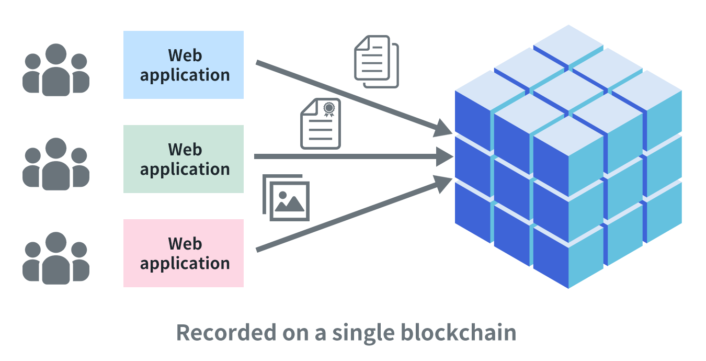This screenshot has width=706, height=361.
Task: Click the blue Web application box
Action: pyautogui.click(x=184, y=65)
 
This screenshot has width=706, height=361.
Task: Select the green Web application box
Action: pyautogui.click(x=184, y=159)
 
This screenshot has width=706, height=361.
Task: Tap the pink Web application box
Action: pyautogui.click(x=184, y=253)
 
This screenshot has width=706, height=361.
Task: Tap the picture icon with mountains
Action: pyautogui.click(x=286, y=197)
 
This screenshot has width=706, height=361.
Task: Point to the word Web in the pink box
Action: pyautogui.click(x=185, y=244)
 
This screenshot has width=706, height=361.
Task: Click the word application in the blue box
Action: pyautogui.click(x=185, y=75)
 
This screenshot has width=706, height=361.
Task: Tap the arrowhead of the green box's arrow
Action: pyautogui.click(x=445, y=156)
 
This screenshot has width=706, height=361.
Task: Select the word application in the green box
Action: pyautogui.click(x=185, y=170)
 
